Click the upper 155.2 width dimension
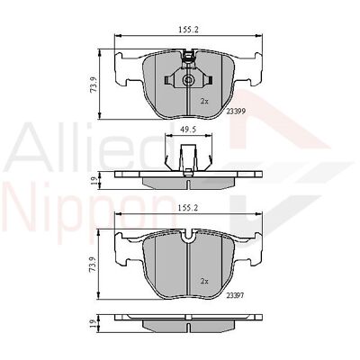click(188, 31)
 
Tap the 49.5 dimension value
click(187, 130)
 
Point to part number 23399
click(236, 111)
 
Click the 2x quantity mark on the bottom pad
click(204, 281)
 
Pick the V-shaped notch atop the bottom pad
click(188, 238)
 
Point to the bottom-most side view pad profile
click(188, 321)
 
